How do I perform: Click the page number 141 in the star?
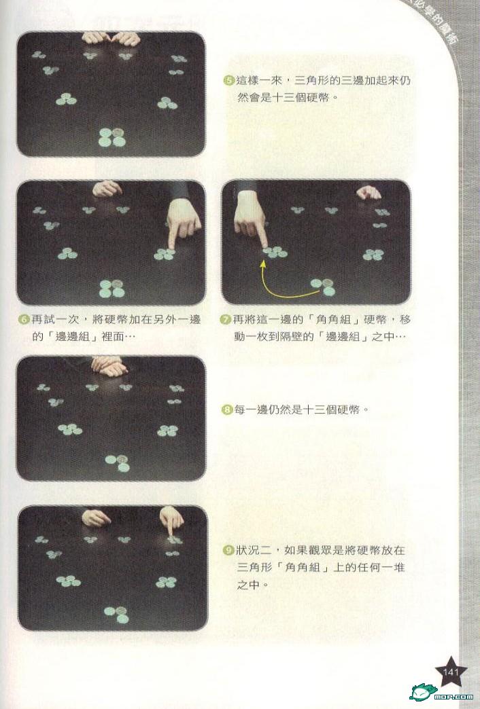tap(451, 672)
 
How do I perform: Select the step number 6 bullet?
tap(24, 320)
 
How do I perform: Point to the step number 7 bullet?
tap(226, 320)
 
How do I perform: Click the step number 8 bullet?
tap(226, 410)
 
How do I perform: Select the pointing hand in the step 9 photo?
tap(171, 520)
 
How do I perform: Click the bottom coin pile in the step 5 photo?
tap(112, 137)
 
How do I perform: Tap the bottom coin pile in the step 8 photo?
tap(118, 463)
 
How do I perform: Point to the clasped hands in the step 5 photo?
tap(112, 39)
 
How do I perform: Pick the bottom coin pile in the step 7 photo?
tap(324, 287)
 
